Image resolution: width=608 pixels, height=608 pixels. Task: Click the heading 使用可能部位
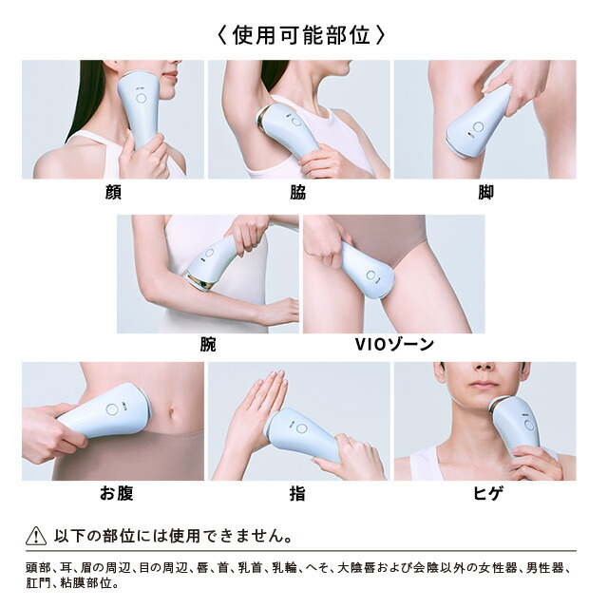301,36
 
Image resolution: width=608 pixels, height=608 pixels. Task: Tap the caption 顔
113,192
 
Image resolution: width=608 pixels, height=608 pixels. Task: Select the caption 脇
297,192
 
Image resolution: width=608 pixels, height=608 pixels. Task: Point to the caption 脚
485,192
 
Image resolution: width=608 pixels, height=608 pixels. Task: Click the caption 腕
208,344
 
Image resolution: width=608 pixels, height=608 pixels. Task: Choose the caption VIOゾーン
394,344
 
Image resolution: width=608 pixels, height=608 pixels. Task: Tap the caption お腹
117,494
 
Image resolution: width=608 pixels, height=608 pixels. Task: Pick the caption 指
297,494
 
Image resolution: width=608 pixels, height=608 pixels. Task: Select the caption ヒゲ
488,494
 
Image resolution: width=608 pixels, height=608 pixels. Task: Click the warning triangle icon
36,536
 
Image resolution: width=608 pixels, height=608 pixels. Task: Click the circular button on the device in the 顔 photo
142,98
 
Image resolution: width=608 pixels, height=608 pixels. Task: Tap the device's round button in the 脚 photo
478,126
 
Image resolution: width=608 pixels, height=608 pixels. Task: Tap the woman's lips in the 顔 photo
171,76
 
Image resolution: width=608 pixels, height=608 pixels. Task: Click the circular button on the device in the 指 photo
301,428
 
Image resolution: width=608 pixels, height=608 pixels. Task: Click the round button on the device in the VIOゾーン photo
370,275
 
